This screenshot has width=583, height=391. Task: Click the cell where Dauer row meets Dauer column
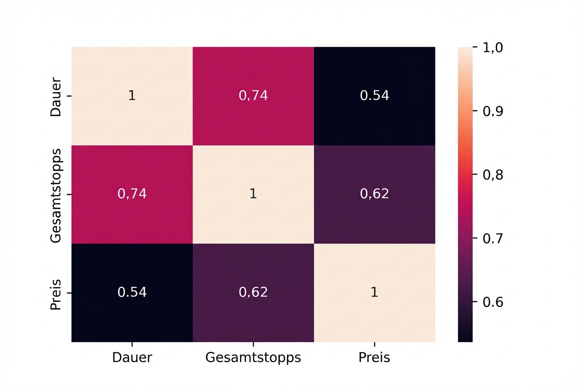(132, 95)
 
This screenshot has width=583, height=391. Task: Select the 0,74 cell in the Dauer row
(253, 95)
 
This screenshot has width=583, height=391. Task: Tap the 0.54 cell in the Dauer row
(375, 95)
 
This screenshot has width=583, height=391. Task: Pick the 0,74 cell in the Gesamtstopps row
(132, 194)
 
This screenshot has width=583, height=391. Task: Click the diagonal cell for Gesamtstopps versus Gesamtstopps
(253, 194)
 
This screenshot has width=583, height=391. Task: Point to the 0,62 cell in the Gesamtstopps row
(375, 194)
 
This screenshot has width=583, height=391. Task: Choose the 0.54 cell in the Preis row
(132, 292)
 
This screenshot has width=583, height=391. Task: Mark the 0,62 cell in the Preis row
(253, 292)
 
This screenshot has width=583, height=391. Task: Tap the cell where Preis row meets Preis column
(375, 292)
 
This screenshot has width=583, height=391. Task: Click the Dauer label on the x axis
(132, 357)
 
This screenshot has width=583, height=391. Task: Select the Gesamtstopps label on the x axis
(253, 357)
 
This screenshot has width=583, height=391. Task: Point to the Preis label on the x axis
(375, 357)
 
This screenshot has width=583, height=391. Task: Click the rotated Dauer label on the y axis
(55, 95)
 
